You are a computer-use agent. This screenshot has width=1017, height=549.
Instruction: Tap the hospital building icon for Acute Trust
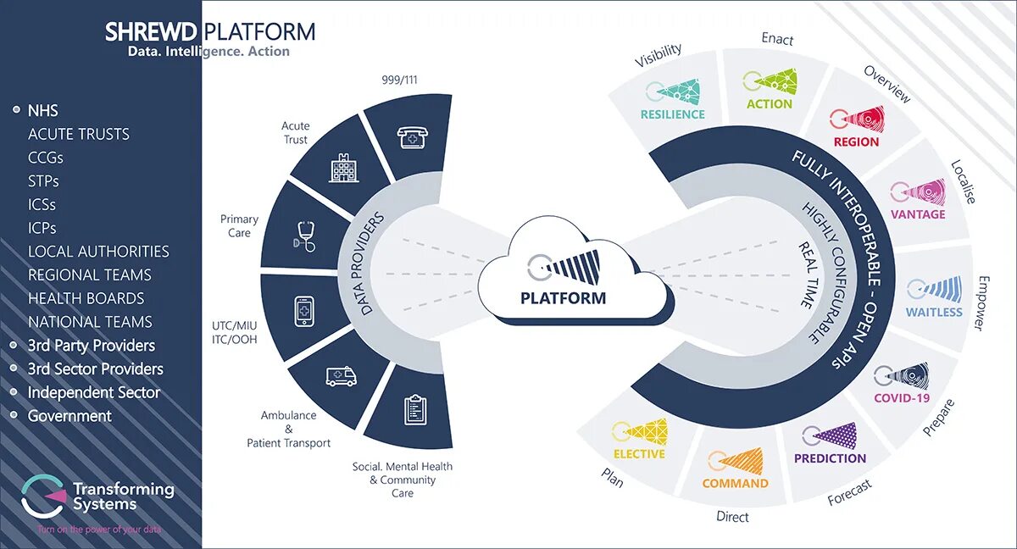[x=343, y=169]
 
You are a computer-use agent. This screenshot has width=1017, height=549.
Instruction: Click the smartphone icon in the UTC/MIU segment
[x=304, y=311]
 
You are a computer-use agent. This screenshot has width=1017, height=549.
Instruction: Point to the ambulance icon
[x=341, y=375]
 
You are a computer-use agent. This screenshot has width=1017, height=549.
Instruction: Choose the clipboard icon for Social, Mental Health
[x=414, y=409]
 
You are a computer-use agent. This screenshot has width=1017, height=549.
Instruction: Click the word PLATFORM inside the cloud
[x=563, y=298]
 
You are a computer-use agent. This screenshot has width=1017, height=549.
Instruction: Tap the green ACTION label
[x=770, y=104]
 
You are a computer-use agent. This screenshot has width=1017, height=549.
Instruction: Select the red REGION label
[x=856, y=141]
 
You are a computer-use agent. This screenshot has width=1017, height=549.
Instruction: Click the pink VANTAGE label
[x=918, y=214]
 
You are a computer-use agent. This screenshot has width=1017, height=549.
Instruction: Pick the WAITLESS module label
[x=934, y=312]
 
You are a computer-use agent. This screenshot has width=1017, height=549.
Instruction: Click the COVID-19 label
[x=902, y=398]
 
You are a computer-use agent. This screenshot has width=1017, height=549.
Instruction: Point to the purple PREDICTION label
[x=830, y=458]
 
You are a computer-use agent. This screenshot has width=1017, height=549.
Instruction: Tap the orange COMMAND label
[x=735, y=483]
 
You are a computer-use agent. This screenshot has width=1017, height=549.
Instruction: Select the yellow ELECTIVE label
[x=639, y=453]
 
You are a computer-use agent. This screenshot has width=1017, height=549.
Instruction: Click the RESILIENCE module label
[x=672, y=114]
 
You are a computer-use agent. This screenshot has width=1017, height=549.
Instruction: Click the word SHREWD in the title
[x=151, y=33]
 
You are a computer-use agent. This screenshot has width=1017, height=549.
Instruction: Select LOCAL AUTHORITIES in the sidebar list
[x=98, y=252]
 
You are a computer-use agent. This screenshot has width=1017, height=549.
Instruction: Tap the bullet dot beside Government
[x=14, y=416]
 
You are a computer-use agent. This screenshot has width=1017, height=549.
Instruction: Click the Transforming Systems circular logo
[x=43, y=496]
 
